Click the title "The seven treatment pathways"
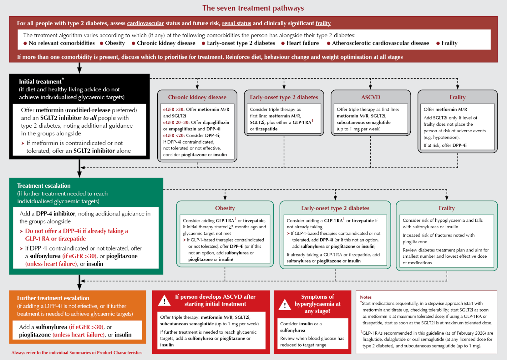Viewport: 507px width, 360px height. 253,8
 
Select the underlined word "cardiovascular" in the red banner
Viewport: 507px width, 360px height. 145,23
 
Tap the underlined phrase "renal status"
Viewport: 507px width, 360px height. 236,23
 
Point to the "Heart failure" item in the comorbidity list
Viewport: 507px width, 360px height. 302,43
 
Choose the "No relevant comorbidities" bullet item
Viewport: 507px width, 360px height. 61,43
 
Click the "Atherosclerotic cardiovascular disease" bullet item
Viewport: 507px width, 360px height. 380,43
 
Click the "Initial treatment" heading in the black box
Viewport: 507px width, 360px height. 40,82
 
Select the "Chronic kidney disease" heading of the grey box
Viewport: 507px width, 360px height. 197,97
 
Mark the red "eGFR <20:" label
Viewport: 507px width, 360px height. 174,135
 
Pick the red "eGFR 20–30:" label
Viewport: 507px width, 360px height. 176,122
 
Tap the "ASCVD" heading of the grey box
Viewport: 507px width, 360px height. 371,97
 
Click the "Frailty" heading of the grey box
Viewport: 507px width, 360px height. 457,97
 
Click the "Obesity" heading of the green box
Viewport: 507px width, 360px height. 225,208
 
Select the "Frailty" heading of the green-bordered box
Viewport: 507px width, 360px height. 446,208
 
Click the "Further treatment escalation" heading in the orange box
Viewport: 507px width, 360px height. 53,298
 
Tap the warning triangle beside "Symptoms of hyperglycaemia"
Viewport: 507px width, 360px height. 285,305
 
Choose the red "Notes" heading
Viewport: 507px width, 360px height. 365,297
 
